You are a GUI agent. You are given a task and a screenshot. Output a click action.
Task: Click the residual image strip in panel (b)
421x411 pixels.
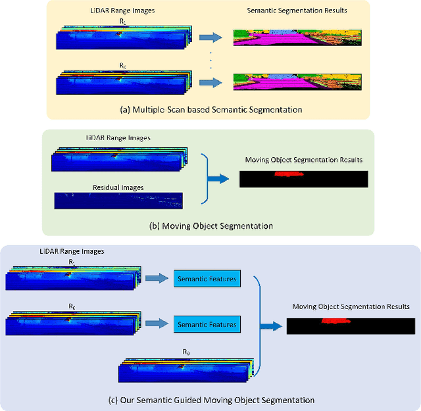[x=118, y=200]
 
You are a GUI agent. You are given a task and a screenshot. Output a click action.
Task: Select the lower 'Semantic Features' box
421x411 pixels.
[x=207, y=324]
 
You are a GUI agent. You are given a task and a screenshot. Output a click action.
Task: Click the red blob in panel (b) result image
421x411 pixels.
[x=288, y=174]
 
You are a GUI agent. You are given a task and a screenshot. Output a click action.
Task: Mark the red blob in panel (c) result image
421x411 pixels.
[x=335, y=322]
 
